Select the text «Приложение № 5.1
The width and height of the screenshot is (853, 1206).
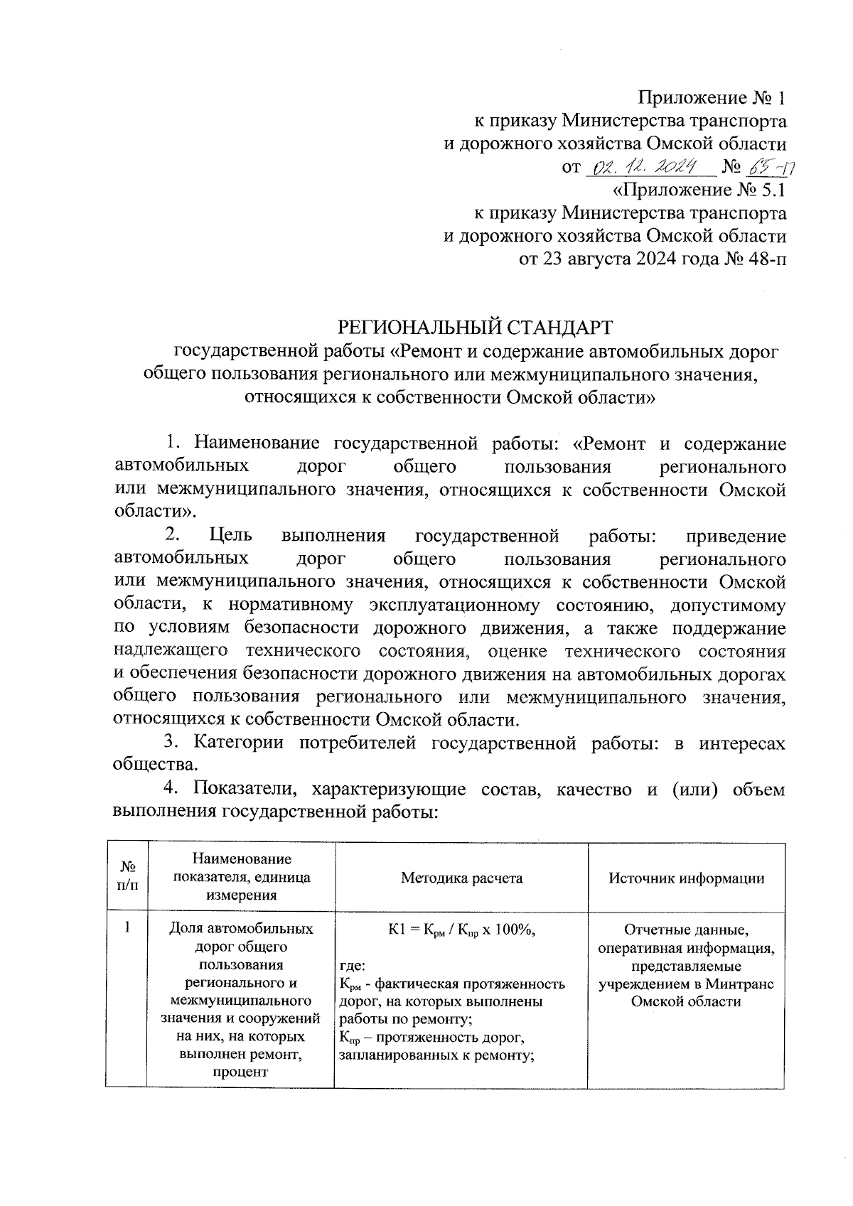point(699,190)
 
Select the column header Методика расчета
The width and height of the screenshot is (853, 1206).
point(461,878)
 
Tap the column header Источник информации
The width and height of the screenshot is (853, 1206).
point(686,878)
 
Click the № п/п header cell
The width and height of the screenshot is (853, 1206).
point(127,878)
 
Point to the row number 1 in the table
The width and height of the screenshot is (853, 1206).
point(127,927)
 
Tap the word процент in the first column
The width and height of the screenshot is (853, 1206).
point(241,1072)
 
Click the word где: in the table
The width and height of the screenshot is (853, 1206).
point(353,966)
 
